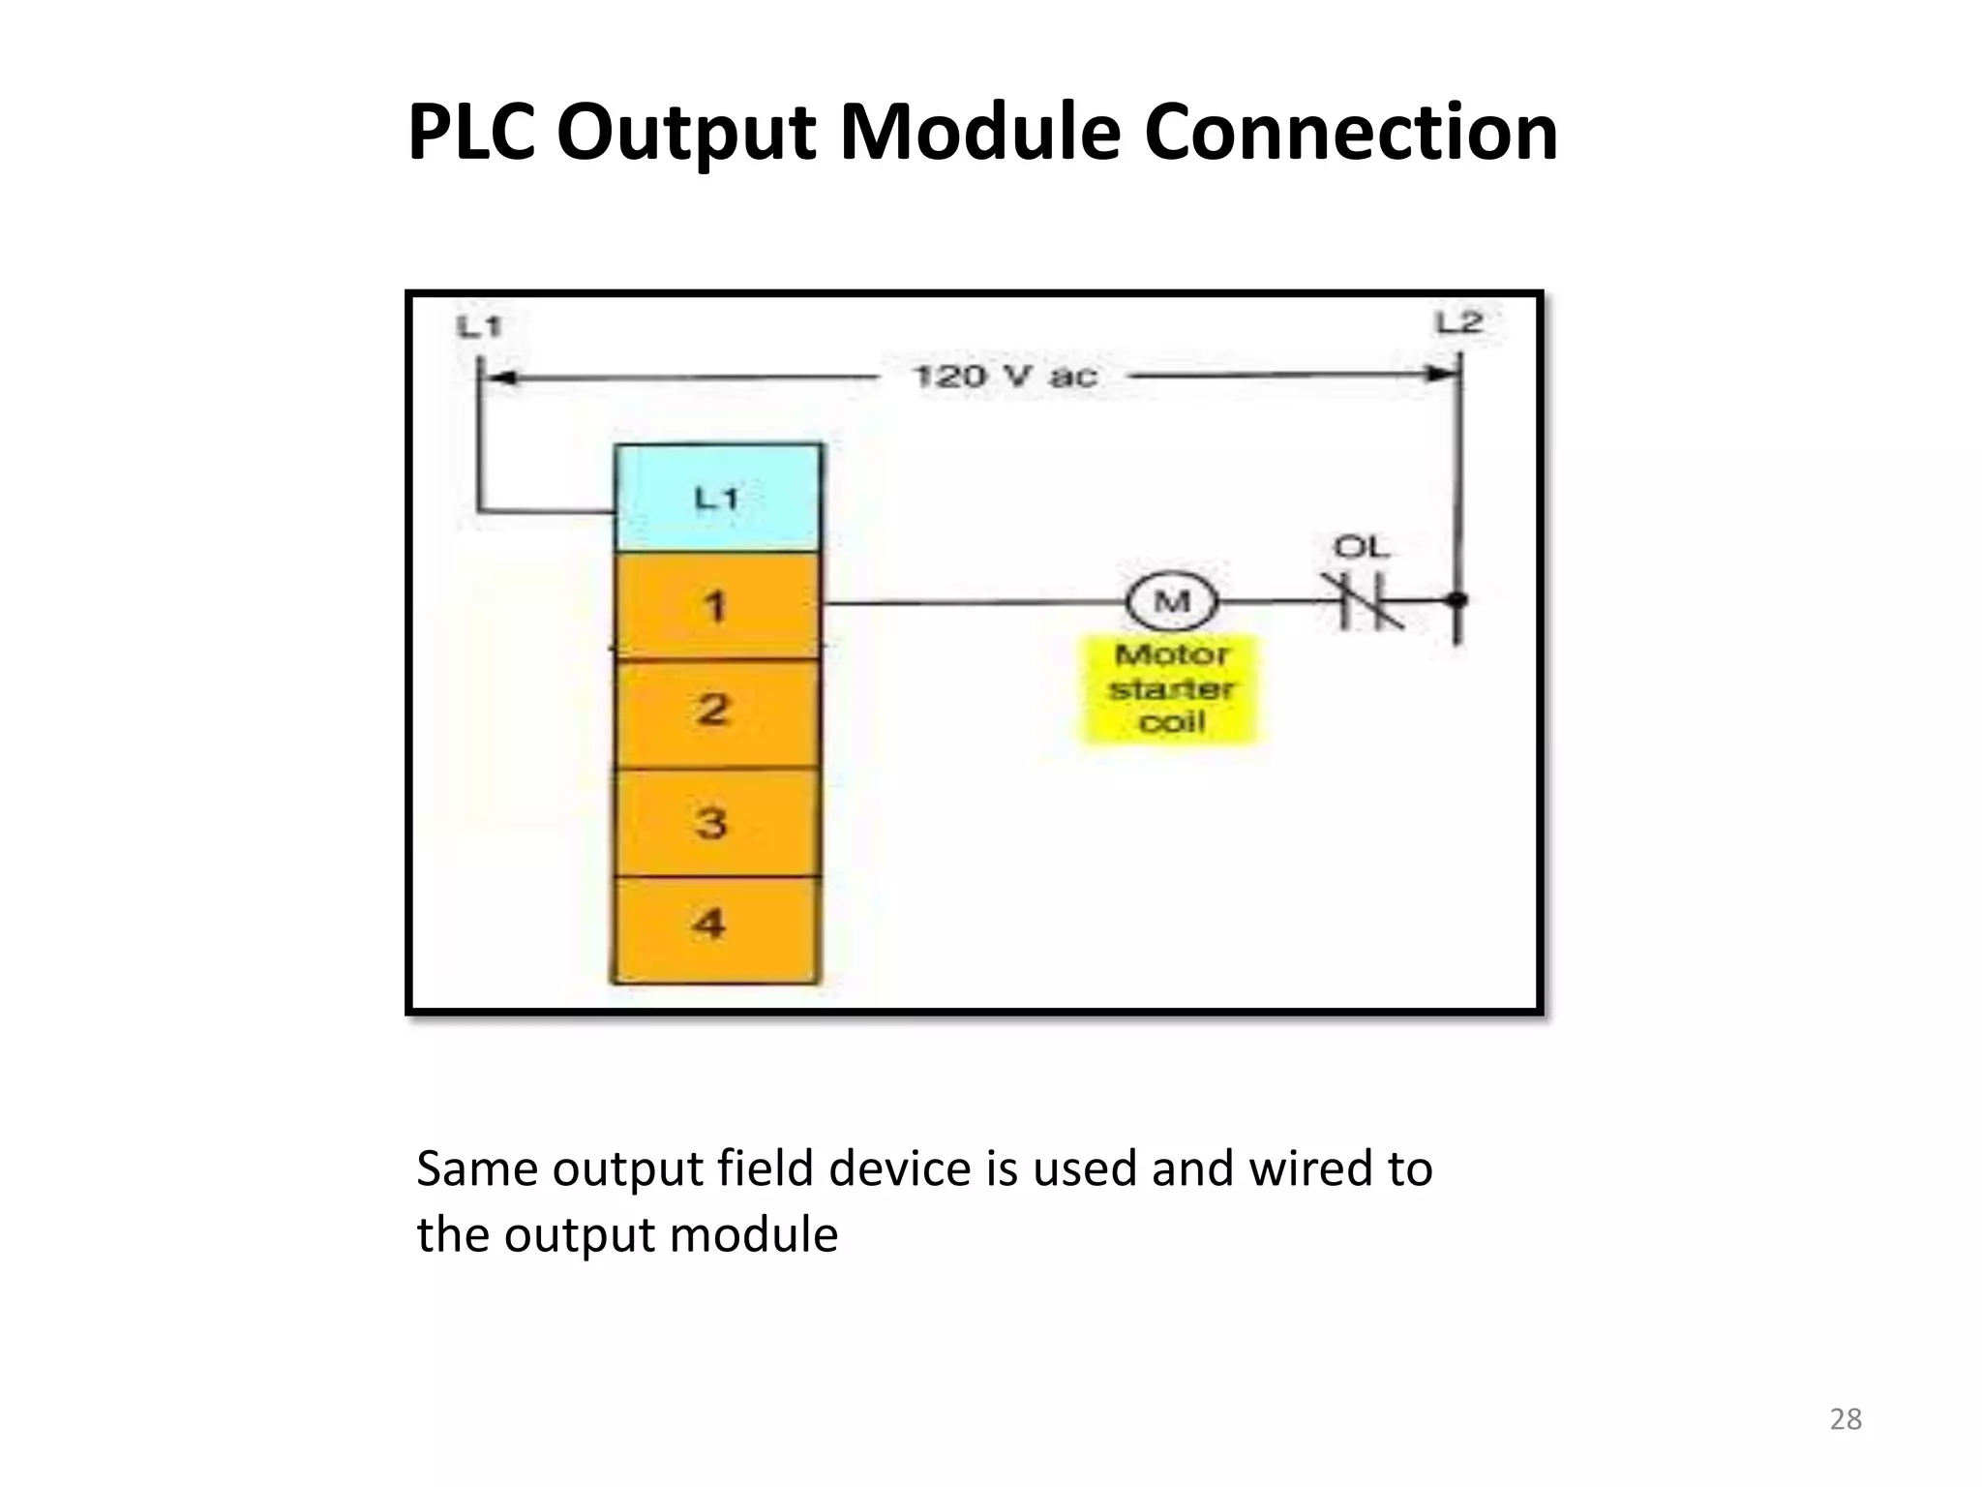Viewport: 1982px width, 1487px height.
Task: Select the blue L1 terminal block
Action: (x=718, y=499)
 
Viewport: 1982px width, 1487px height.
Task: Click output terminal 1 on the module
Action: (x=717, y=607)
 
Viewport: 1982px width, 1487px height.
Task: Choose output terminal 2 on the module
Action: (x=715, y=711)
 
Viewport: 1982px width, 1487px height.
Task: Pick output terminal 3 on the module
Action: (x=713, y=823)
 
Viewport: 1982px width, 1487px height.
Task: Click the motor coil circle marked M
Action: (x=1172, y=602)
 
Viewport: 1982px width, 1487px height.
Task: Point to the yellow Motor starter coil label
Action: (x=1171, y=688)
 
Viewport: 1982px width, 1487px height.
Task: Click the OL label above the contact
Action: (x=1361, y=548)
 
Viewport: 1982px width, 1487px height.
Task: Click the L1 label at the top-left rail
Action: (x=479, y=327)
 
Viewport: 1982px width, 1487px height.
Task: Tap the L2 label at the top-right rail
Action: (x=1459, y=322)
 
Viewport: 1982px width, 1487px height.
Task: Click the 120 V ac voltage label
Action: (x=1006, y=376)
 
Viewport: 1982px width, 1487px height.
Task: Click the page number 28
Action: (x=1846, y=1419)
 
